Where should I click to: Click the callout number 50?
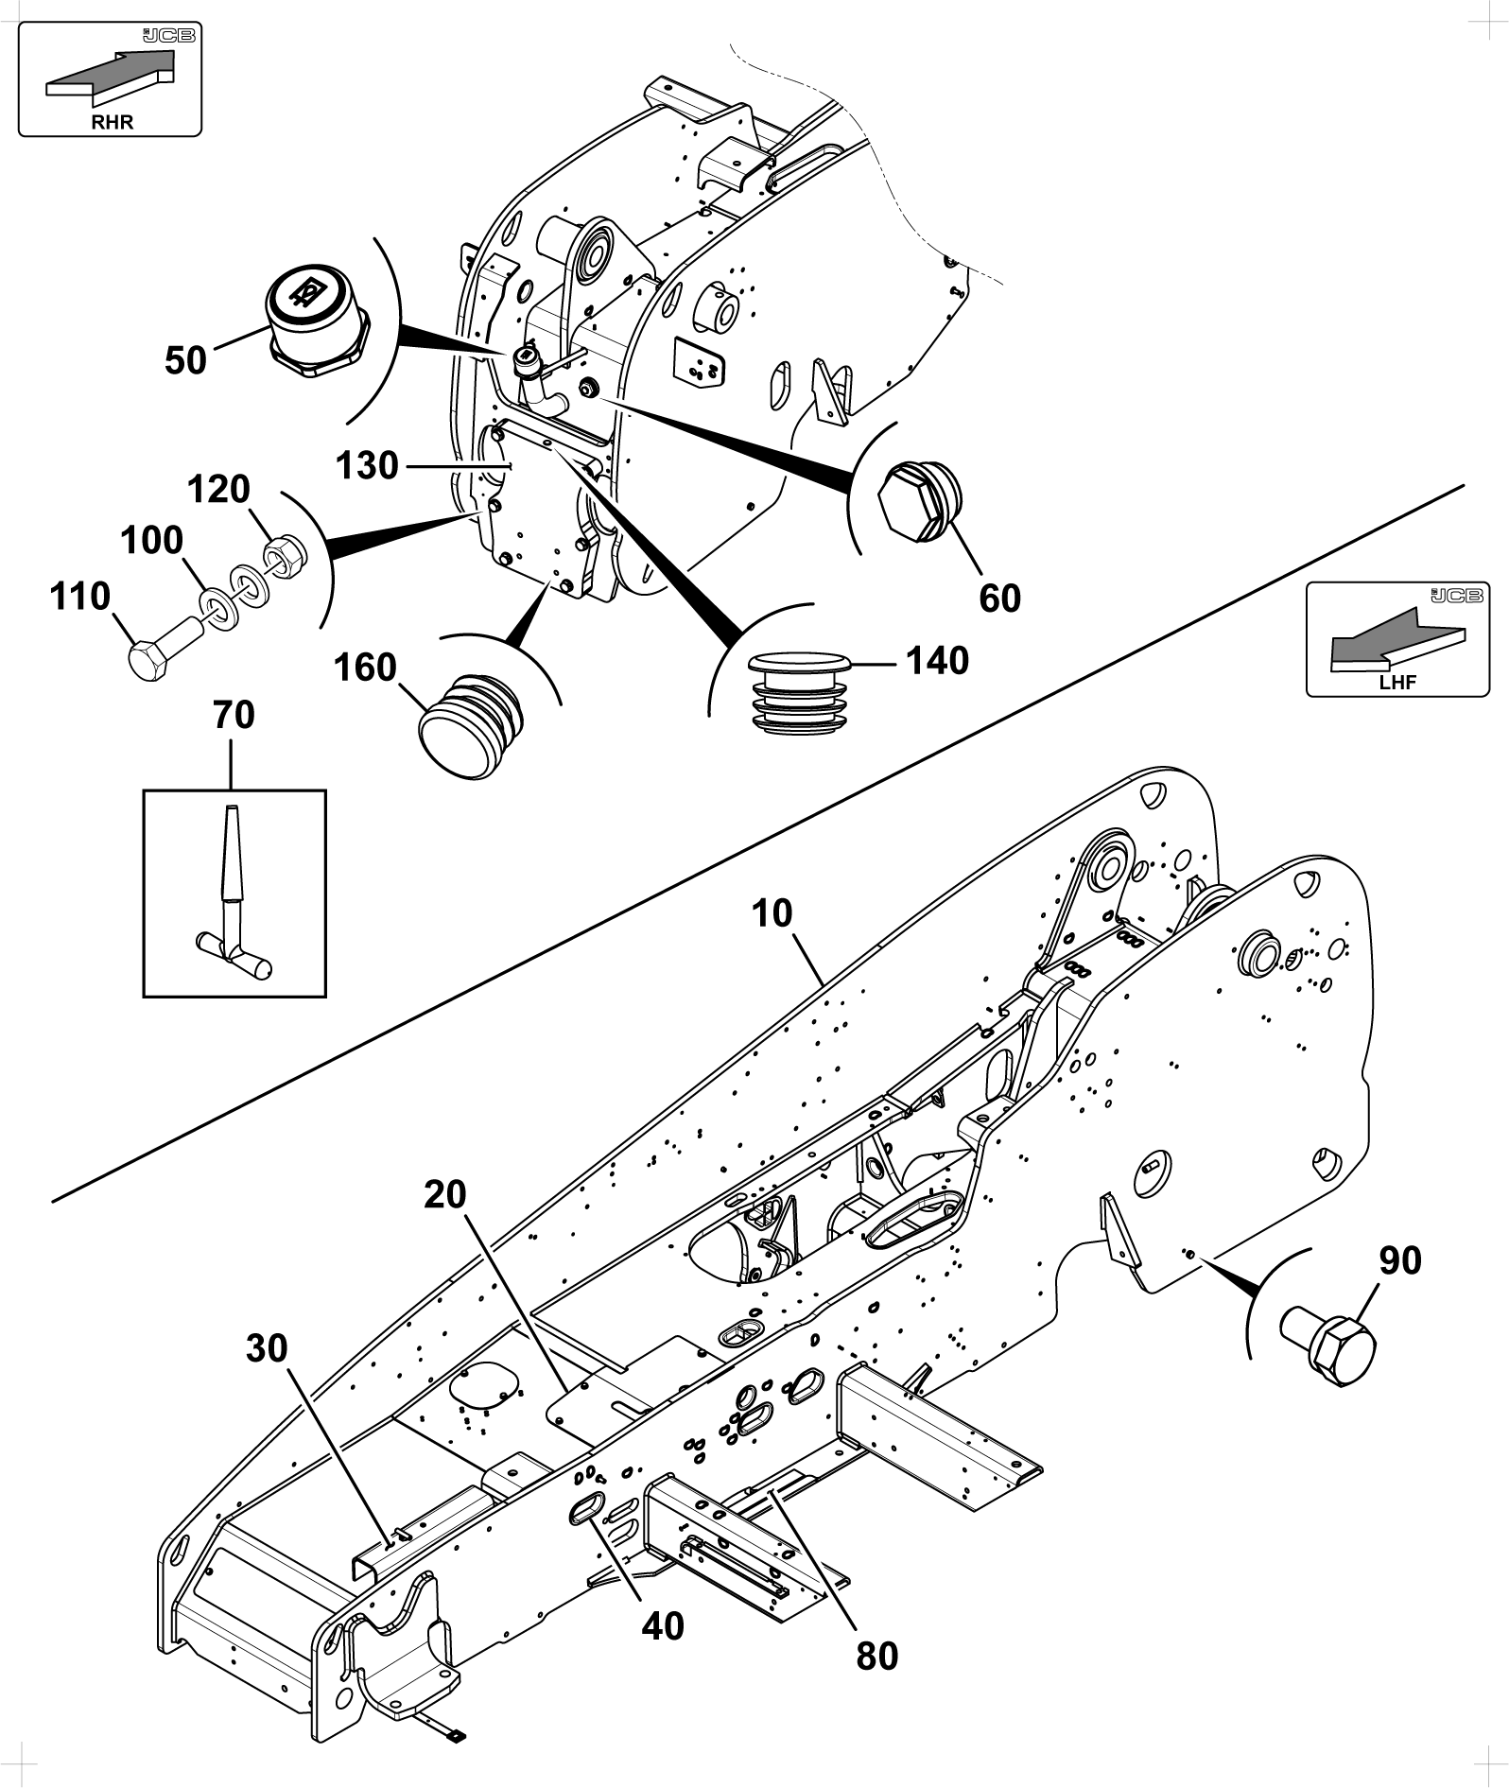point(185,360)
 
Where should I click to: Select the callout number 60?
point(1000,599)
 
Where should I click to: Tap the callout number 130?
point(368,465)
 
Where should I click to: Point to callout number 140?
point(938,661)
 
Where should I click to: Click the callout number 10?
point(772,913)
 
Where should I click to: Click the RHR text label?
point(112,123)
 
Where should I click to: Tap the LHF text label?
point(1397,683)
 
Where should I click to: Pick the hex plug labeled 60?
point(919,503)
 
